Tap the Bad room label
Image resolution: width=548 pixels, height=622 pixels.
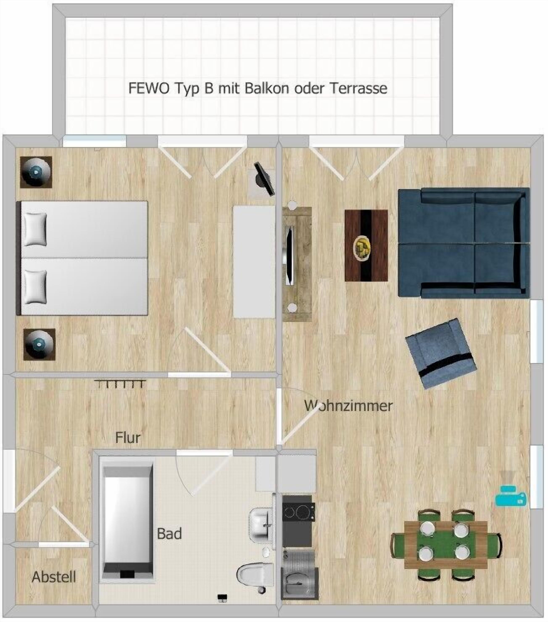(x=169, y=534)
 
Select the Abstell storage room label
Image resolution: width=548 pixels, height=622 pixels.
(x=54, y=577)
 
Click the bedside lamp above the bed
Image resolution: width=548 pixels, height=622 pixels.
(x=36, y=172)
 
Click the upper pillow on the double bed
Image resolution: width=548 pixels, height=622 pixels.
(x=35, y=229)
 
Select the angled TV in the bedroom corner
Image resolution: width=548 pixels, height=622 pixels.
(x=263, y=179)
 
